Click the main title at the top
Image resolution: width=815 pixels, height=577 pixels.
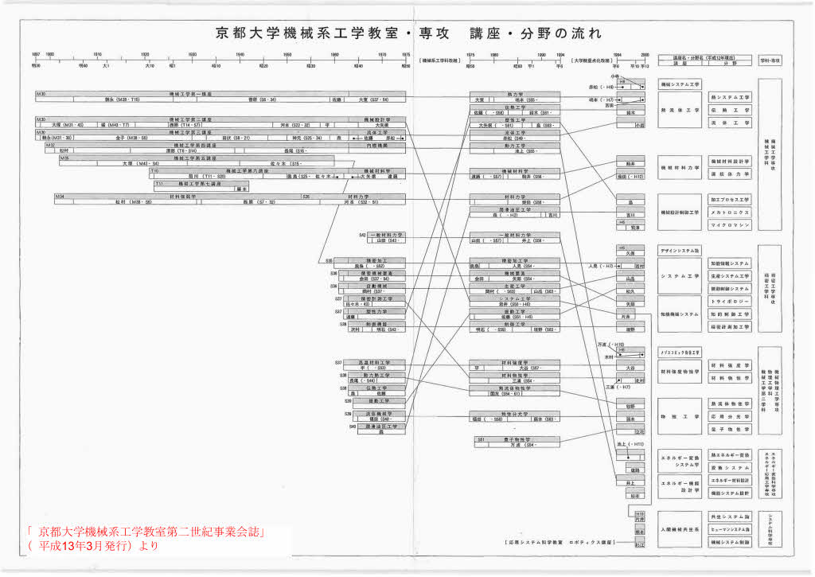(x=407, y=33)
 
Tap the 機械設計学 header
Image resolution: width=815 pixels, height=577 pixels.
(x=376, y=119)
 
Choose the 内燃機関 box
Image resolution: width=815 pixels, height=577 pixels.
(x=376, y=145)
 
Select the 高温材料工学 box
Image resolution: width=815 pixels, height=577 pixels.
(x=373, y=362)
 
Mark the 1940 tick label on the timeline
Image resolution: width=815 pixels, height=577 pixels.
(x=240, y=54)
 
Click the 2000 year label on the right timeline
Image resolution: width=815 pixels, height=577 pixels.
(x=644, y=54)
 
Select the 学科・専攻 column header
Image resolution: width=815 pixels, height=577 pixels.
(x=770, y=60)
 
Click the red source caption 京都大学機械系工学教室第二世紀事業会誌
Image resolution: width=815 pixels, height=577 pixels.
(x=146, y=531)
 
